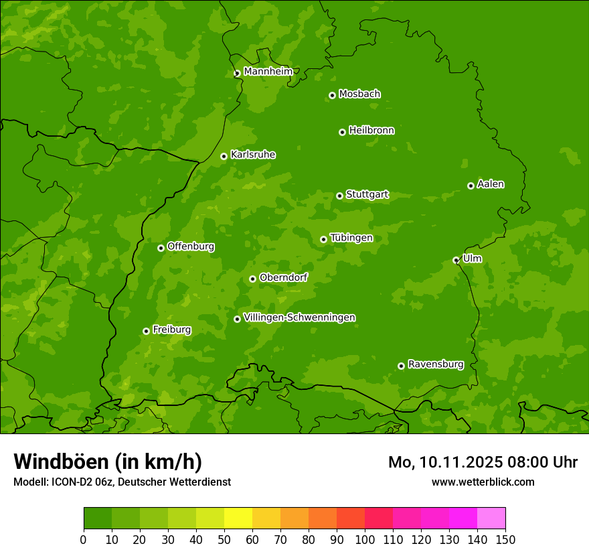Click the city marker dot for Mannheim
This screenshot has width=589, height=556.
tap(237, 74)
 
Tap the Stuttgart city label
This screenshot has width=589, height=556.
tap(367, 194)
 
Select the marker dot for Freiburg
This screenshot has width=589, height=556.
tap(146, 331)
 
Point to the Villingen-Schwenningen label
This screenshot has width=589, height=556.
tap(299, 318)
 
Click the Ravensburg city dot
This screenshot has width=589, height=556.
tap(401, 366)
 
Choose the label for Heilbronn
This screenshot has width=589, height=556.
tap(371, 131)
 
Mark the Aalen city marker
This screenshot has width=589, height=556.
tap(471, 186)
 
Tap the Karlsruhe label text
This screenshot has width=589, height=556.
tap(253, 155)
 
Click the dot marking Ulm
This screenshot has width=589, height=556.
tap(456, 260)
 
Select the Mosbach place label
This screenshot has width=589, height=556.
tap(359, 94)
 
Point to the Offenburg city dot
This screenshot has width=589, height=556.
tap(161, 248)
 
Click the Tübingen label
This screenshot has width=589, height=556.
tap(351, 238)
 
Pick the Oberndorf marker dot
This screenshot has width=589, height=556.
tap(252, 279)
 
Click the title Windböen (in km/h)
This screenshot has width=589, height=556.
tap(108, 462)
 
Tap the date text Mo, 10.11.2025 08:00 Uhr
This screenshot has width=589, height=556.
tap(483, 462)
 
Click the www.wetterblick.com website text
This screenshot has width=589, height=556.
tap(483, 482)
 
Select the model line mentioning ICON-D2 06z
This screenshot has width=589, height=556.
tap(122, 482)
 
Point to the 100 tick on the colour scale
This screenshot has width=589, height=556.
tap(365, 539)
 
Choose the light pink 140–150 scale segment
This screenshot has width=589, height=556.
tap(491, 518)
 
